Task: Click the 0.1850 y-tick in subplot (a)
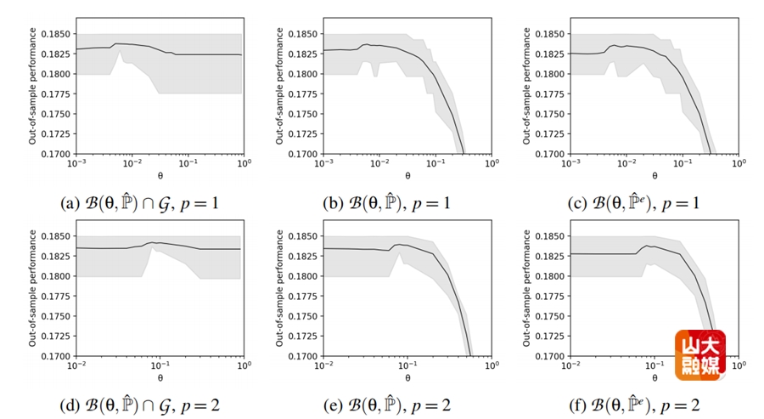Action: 56,34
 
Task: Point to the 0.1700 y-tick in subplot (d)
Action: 56,356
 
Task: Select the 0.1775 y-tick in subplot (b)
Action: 303,94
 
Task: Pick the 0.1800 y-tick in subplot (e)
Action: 303,276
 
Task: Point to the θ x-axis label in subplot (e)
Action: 407,377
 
